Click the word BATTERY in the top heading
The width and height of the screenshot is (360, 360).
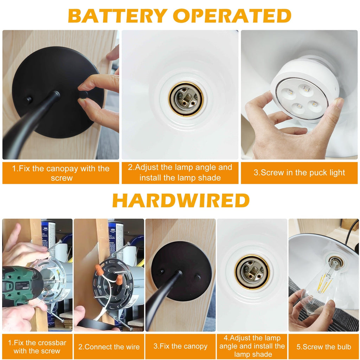(117, 16)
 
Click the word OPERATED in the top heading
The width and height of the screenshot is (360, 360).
(232, 16)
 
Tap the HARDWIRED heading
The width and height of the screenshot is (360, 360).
(181, 200)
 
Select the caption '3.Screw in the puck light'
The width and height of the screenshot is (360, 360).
(299, 173)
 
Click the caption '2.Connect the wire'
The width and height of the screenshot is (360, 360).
(109, 347)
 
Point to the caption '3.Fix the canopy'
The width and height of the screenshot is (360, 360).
(180, 346)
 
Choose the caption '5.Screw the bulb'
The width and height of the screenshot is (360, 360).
(324, 347)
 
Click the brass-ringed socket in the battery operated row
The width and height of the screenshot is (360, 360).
(186, 99)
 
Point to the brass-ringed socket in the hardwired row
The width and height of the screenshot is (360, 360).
(252, 272)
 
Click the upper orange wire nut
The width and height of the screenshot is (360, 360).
(99, 270)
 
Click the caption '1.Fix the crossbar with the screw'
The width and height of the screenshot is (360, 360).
(37, 347)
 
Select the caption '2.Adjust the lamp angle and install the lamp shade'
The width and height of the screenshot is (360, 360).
(180, 172)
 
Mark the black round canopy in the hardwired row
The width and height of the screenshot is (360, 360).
(181, 271)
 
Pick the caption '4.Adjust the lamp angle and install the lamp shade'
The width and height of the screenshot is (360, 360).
(252, 346)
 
